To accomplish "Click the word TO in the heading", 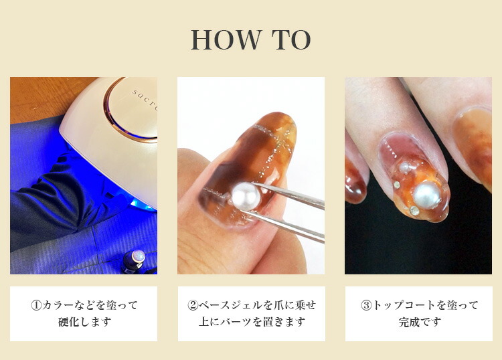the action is click(x=291, y=39).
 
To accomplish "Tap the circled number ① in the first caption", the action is click(x=36, y=305).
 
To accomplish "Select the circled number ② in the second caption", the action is click(x=193, y=305).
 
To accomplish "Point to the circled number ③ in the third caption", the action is click(x=366, y=305).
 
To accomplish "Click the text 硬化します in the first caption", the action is click(x=84, y=322).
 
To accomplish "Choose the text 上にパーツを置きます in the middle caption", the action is click(x=252, y=322).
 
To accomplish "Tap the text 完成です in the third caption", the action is click(x=420, y=322).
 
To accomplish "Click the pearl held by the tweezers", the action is click(x=245, y=196).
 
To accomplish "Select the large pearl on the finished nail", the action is click(x=427, y=195).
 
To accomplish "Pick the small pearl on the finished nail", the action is click(x=405, y=167).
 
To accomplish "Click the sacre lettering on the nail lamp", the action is click(x=145, y=100).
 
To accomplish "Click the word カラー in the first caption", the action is click(x=58, y=305).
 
